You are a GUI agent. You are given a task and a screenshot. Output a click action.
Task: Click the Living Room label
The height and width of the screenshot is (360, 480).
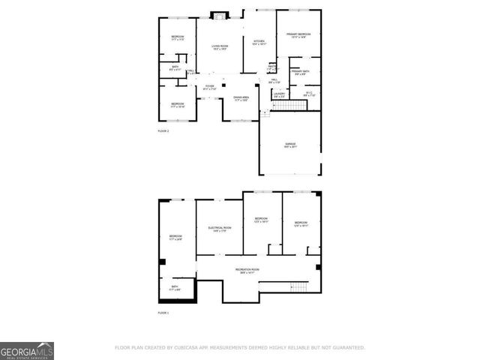[219, 47]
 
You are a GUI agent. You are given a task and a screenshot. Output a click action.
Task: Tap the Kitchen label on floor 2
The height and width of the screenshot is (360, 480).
[259, 43]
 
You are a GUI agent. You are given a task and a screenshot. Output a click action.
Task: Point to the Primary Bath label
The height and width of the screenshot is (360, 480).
[301, 73]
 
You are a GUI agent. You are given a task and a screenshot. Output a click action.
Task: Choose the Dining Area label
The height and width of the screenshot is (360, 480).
[241, 98]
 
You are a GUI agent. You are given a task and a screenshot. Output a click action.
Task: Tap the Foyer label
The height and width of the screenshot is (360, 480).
[210, 88]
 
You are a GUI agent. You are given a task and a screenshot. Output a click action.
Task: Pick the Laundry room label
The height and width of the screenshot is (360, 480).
[279, 94]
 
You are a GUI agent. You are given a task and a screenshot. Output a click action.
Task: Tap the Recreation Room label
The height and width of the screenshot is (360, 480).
[247, 271]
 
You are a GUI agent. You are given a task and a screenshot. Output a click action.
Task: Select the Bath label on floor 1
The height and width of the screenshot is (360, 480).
[174, 288]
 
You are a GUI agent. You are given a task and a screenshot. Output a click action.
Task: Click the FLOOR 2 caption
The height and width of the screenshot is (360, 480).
[163, 131]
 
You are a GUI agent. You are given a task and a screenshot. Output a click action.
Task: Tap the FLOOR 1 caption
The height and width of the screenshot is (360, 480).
[163, 313]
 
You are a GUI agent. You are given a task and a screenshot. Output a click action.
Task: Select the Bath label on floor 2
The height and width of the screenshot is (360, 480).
[174, 68]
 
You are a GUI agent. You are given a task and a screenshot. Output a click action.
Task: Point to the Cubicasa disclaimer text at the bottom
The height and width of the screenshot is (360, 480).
[239, 348]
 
